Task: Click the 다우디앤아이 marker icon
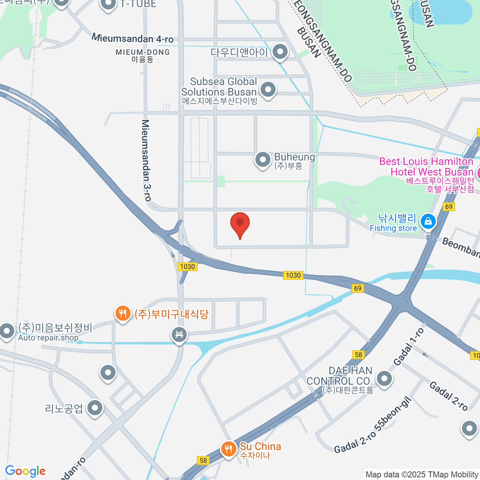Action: click(x=280, y=52)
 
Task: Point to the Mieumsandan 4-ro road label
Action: click(x=132, y=38)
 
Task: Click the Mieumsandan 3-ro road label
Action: click(x=146, y=160)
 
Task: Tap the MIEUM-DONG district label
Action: click(x=142, y=52)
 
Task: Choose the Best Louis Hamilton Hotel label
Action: click(x=426, y=167)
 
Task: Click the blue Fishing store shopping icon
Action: click(x=428, y=221)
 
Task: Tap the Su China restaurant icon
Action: click(x=228, y=449)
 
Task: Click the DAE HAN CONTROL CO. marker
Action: click(x=384, y=378)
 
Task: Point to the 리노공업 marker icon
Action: click(x=95, y=408)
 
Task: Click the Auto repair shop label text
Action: click(x=48, y=338)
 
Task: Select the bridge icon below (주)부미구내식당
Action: click(x=179, y=334)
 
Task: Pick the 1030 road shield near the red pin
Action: click(x=293, y=275)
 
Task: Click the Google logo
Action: click(x=25, y=471)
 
